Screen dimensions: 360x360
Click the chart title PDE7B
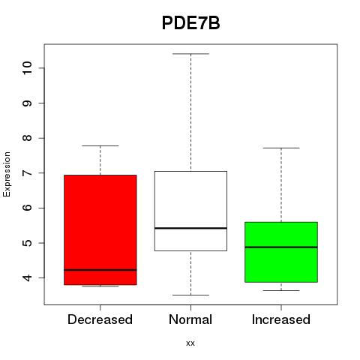tap(191, 23)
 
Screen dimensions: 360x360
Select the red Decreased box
tap(100, 229)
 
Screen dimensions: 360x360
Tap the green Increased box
tap(281, 252)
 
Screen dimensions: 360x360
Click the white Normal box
tap(190, 211)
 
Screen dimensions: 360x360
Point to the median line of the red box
tap(100, 270)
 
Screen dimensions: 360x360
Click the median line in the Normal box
tap(190, 228)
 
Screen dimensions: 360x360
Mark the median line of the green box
tap(281, 247)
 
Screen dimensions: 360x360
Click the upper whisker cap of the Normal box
tap(191, 54)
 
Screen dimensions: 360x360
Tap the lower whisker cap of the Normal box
tap(191, 295)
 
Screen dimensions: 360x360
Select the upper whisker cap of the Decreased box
tap(100, 145)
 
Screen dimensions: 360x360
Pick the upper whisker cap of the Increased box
tap(281, 148)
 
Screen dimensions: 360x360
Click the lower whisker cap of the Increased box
tap(281, 290)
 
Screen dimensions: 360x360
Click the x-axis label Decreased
tap(100, 319)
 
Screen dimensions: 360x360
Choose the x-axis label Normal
tap(190, 319)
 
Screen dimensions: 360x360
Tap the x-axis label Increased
tap(281, 319)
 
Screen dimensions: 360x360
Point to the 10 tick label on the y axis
tap(27, 67)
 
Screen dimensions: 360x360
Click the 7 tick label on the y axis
tap(27, 173)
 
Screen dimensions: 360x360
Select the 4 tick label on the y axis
tap(27, 277)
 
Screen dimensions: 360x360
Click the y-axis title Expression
tap(7, 174)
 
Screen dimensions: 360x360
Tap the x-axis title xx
tap(190, 343)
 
